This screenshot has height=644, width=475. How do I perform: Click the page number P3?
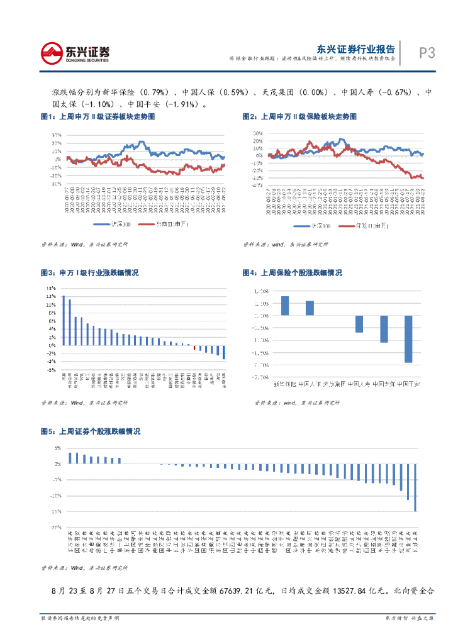click(x=427, y=53)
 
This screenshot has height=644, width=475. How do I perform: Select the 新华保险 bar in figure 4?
click(x=285, y=306)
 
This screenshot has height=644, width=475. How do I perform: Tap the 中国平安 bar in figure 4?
click(x=408, y=339)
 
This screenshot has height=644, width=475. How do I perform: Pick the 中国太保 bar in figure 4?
click(x=384, y=329)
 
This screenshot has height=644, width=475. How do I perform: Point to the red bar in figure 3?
click(x=194, y=347)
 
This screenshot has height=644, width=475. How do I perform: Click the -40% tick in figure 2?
click(x=257, y=185)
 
